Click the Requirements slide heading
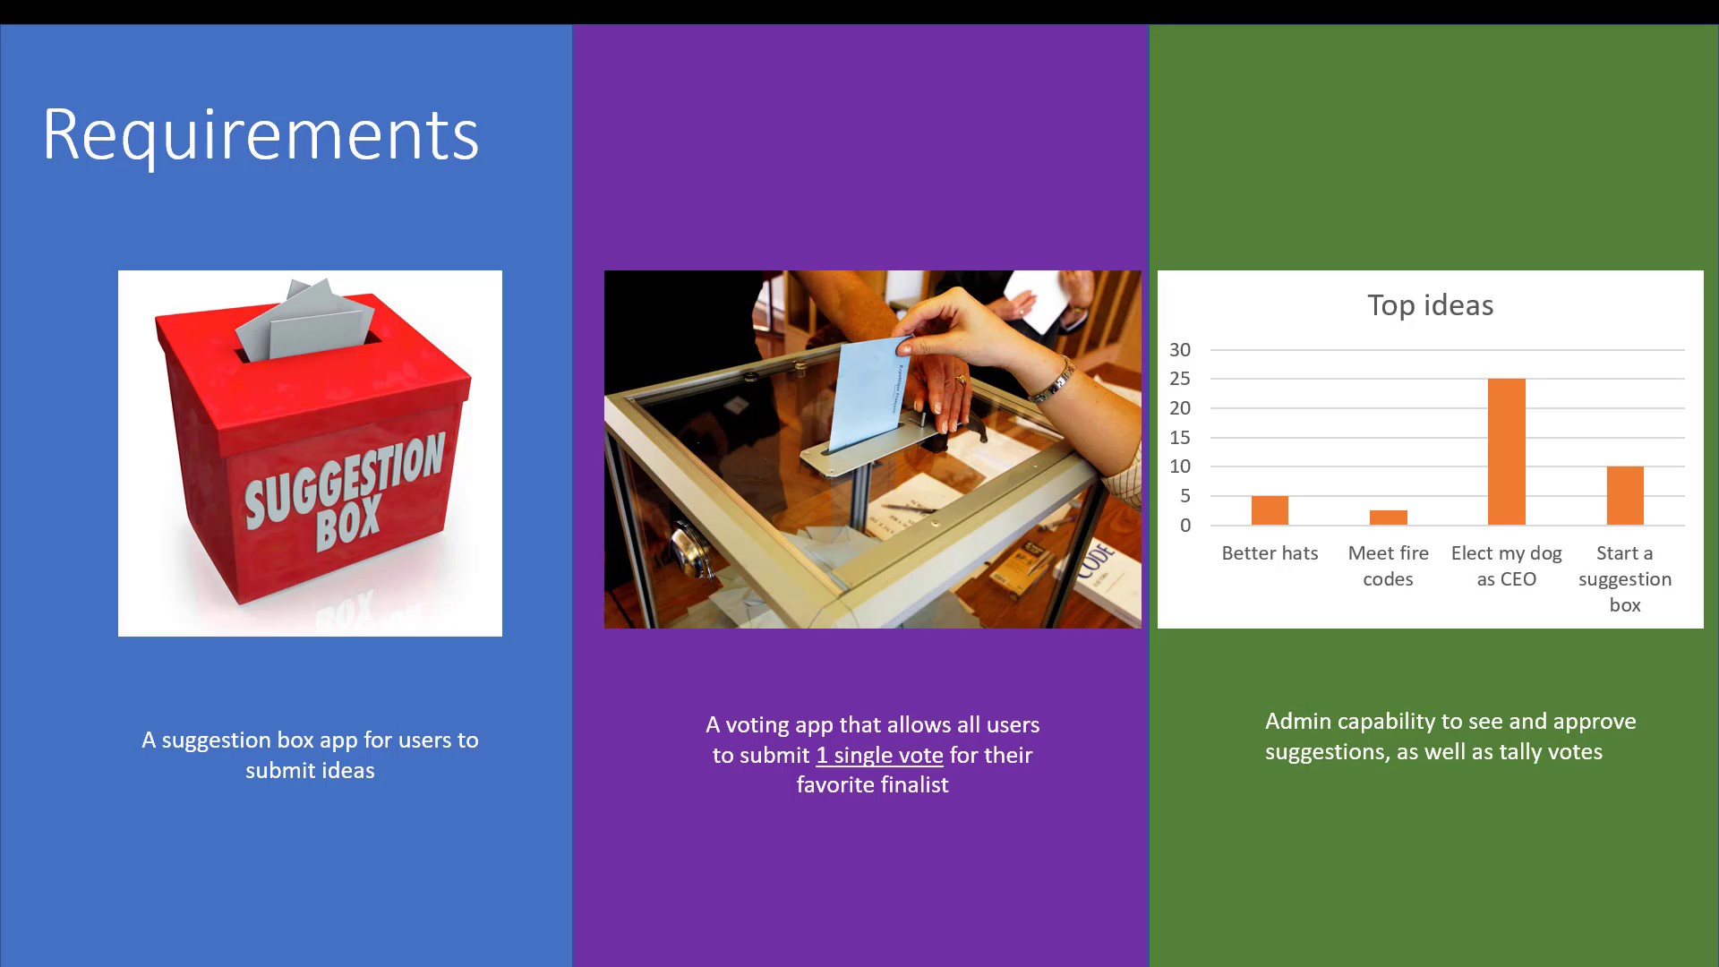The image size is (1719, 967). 261,135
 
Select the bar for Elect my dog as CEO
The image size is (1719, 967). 1507,451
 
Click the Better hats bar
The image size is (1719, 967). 1270,510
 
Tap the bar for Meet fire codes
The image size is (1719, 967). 1389,518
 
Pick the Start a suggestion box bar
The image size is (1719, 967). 1625,495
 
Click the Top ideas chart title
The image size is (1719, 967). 1431,305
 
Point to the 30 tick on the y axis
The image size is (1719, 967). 1180,350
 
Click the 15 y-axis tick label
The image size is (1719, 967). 1180,438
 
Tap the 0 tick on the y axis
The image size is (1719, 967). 1185,526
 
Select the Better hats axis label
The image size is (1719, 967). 1270,553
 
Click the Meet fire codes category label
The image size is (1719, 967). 1389,566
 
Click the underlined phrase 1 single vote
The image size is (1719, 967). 879,756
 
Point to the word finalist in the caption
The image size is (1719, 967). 910,785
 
